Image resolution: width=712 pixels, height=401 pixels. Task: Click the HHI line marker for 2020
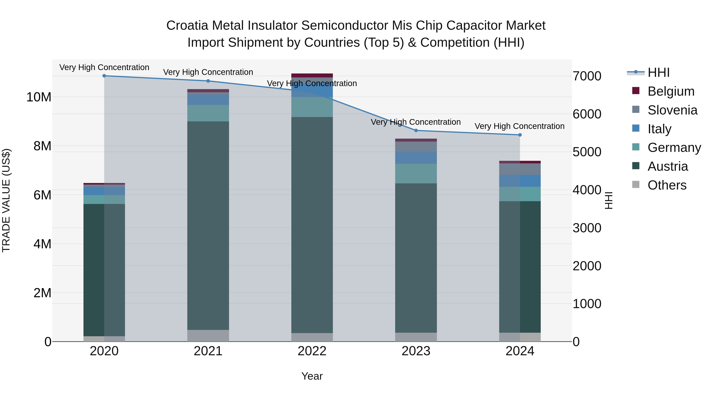point(104,76)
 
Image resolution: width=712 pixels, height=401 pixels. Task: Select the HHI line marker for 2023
point(416,130)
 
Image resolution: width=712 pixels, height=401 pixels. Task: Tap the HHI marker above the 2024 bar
point(520,135)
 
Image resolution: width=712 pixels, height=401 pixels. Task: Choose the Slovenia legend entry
point(672,110)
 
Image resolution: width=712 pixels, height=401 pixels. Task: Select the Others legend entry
point(667,185)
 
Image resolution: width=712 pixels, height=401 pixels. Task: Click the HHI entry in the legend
point(658,72)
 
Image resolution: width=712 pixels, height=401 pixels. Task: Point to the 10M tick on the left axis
point(39,97)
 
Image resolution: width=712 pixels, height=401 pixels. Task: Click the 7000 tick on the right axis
point(587,76)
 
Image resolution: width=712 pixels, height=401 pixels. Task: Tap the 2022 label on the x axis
point(312,351)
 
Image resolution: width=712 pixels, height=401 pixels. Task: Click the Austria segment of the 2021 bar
point(208,226)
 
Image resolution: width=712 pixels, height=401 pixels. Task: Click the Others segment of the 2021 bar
point(208,335)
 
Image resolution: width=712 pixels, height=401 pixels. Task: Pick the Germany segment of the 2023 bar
point(416,173)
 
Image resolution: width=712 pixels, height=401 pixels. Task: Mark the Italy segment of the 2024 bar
point(520,181)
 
